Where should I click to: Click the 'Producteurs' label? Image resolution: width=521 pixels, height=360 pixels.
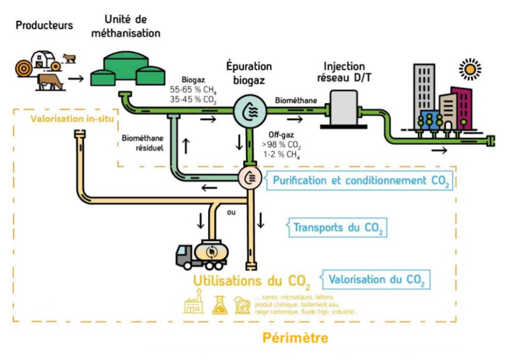[x=44, y=25]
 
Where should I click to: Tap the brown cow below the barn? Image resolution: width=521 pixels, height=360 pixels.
[x=50, y=82]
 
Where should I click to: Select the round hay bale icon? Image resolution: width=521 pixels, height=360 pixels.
[x=23, y=67]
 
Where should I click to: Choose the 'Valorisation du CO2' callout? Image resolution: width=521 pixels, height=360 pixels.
[x=375, y=279]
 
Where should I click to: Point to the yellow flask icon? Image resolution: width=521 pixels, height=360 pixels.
[x=220, y=304]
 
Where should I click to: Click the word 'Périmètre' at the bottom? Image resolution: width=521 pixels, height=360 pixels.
[x=295, y=338]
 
